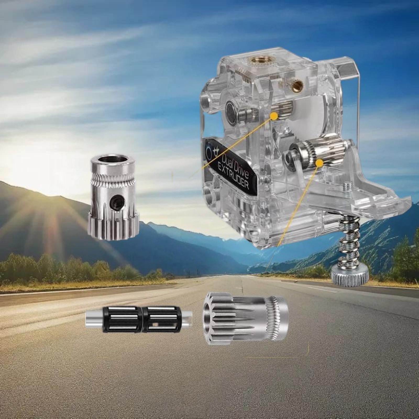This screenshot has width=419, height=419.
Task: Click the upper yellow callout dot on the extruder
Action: coord(274,115)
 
